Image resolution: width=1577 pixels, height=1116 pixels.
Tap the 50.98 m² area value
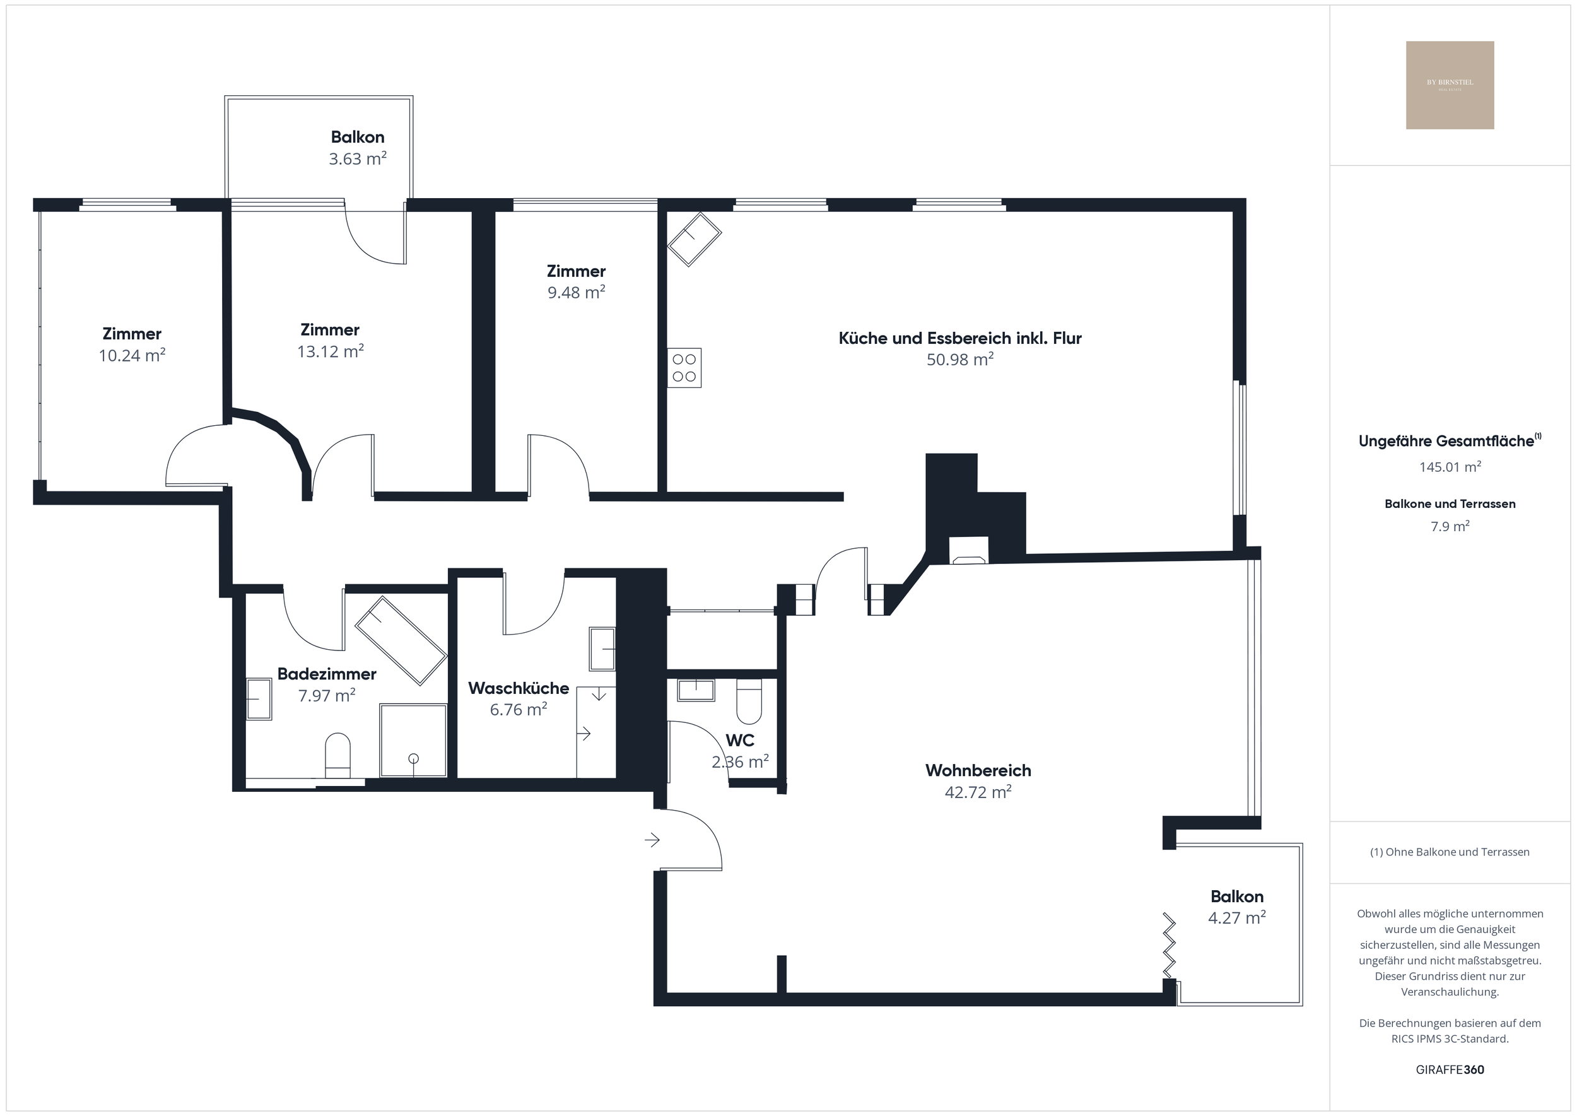[x=960, y=360]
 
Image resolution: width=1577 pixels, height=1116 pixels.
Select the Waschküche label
[x=518, y=688]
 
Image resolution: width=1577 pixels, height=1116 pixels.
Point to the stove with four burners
[x=684, y=368]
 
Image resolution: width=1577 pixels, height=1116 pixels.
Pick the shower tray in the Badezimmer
[x=413, y=740]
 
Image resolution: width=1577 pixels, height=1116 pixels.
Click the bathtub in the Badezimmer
[x=401, y=640]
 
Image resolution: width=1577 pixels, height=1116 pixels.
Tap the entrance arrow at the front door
[x=652, y=840]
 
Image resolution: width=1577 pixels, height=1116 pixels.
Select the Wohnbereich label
[x=978, y=771]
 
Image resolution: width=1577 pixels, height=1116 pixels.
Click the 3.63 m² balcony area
[x=357, y=160]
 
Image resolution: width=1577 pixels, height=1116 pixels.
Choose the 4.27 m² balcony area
[x=1237, y=918]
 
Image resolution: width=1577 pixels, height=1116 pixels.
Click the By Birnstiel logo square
[x=1450, y=85]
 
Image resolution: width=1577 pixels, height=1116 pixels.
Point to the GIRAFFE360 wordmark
[x=1450, y=1070]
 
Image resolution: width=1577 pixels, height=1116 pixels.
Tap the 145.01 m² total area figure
[x=1450, y=467]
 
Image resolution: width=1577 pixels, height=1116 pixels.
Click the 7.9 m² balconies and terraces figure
[x=1450, y=526]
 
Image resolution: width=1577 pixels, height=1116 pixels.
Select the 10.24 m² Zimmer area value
[x=132, y=356]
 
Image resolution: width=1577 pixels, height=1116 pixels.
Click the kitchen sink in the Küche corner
[x=695, y=238]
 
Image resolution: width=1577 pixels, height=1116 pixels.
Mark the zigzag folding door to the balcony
[x=1168, y=945]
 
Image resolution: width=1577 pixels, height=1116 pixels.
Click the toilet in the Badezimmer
[x=337, y=755]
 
